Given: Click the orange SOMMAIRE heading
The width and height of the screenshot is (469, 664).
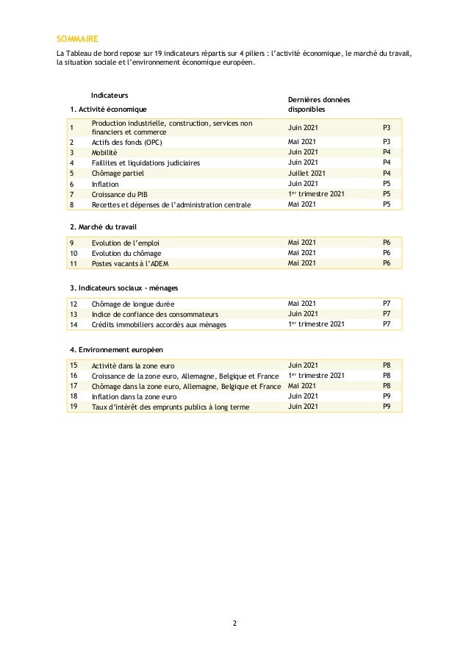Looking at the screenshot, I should coord(77,38).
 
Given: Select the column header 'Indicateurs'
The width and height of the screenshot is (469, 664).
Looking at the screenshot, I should coord(110,96).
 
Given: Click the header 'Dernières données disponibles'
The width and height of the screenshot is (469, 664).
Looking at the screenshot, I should coord(318,104).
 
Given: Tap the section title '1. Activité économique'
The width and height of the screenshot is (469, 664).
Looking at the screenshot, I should coord(107,110).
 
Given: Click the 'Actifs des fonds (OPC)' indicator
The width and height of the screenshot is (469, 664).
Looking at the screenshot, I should coord(126,141).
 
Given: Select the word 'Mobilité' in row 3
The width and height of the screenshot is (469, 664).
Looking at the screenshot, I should coord(104,151).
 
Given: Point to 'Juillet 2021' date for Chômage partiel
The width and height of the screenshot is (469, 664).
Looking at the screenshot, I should coord(307,173).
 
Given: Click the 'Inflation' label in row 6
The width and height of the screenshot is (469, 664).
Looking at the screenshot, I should coord(104,183).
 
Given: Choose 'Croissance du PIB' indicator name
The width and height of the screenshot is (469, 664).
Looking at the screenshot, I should coord(119,193).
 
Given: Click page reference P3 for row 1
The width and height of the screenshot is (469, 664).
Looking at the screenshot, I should coord(387,126).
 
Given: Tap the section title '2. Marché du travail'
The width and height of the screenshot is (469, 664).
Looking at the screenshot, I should coord(103,226).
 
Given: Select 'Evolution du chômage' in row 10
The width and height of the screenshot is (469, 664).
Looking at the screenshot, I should coord(126,253).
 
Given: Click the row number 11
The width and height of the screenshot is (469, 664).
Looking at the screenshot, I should coord(74,263).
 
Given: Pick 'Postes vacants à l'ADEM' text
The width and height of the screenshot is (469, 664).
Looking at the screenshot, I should coord(130,263).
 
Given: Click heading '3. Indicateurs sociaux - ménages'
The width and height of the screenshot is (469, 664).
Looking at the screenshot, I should coord(123,287).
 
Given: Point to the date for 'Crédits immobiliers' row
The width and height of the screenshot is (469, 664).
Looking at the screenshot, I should coord(315,324).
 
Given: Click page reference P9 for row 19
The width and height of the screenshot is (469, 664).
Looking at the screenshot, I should coord(387,406).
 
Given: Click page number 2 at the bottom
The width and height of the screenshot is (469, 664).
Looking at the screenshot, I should coord(234,624).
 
